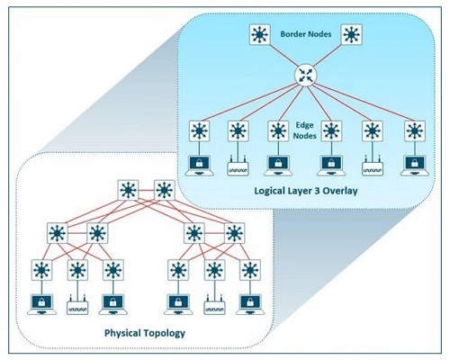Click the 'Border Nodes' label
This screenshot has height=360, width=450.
coord(306,34)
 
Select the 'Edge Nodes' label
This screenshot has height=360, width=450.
coord(305,130)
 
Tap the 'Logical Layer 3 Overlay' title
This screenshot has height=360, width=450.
coord(306,191)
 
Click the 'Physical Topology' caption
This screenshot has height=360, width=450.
coord(145,333)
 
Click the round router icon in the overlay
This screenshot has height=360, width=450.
coord(306,76)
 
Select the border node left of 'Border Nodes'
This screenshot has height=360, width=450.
coord(260,35)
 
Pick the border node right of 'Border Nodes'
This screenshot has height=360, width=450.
coord(352,35)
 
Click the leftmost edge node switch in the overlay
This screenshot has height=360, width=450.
coord(199,131)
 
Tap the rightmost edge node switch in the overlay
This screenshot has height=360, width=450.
coord(415,131)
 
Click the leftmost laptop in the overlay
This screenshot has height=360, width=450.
coord(199,166)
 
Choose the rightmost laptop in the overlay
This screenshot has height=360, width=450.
coord(415,166)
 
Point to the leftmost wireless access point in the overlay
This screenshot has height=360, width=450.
coord(238,166)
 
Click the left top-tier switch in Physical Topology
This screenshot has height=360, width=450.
coord(128,190)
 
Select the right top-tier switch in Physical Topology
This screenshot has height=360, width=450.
coord(164,190)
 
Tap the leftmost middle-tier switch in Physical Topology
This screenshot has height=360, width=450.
coord(58,233)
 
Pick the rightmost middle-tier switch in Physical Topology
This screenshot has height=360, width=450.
coord(235,233)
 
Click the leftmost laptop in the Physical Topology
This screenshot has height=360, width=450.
coord(41,304)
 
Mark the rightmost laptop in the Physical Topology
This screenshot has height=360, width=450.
coord(250,304)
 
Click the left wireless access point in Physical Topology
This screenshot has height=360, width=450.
coord(77,305)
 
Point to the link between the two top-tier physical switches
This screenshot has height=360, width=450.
coord(146,190)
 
